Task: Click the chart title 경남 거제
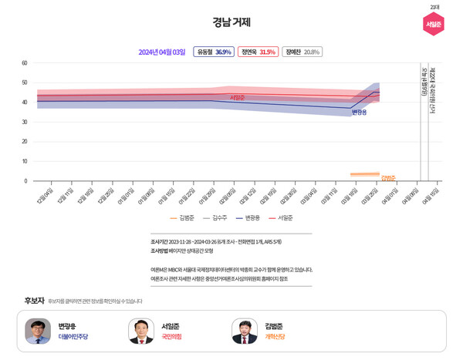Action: coord(231,22)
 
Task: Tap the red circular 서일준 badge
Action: coord(434,24)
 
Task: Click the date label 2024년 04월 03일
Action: coord(161,52)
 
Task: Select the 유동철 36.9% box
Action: coord(214,52)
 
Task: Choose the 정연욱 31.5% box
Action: coord(258,52)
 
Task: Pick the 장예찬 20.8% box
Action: coord(302,52)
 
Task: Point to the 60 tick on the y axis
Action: coord(25,63)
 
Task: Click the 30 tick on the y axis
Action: coord(25,122)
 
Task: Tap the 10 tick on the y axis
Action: coord(25,161)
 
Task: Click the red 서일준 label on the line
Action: coord(237,98)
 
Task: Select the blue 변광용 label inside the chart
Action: coord(359,113)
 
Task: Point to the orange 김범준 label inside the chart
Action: coord(387,178)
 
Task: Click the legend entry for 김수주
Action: coord(215,218)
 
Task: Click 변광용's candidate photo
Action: coord(38,331)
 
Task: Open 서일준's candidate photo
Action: coord(141,331)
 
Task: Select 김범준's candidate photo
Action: coord(245,331)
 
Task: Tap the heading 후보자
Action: coord(34,300)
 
